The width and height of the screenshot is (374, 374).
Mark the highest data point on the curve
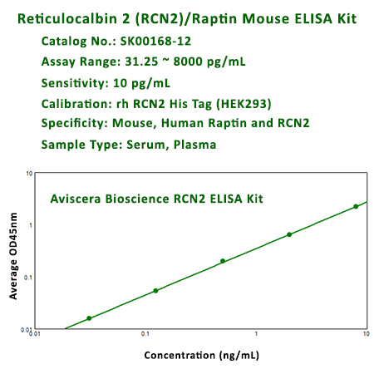356,206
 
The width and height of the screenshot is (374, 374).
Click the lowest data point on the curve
89,318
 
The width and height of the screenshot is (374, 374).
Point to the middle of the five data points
223,261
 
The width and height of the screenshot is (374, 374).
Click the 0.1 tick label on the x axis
145,335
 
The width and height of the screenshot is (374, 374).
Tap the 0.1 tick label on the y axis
28,277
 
